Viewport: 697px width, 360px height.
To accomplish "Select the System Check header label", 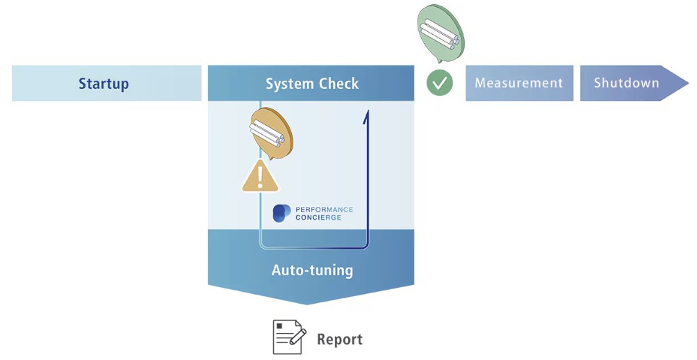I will pos(312,84).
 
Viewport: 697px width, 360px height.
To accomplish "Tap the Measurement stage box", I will pos(519,83).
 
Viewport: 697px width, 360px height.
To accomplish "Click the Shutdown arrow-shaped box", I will pos(625,83).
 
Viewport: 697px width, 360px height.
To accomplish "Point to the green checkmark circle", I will pos(439,83).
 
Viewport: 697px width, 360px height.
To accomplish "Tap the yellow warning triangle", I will pos(261,177).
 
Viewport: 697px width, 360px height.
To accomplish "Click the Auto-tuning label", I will pos(312,270).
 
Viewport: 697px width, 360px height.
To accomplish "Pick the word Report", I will pos(340,340).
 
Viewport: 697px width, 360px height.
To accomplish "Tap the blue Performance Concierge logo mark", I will pos(281,213).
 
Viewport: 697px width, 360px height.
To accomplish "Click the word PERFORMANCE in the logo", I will pos(324,209).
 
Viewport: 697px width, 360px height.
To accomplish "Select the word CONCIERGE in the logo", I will pos(318,218).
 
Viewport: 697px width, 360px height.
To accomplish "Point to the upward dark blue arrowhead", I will pos(366,115).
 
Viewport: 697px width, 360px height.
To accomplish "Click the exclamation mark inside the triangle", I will pos(261,178).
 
